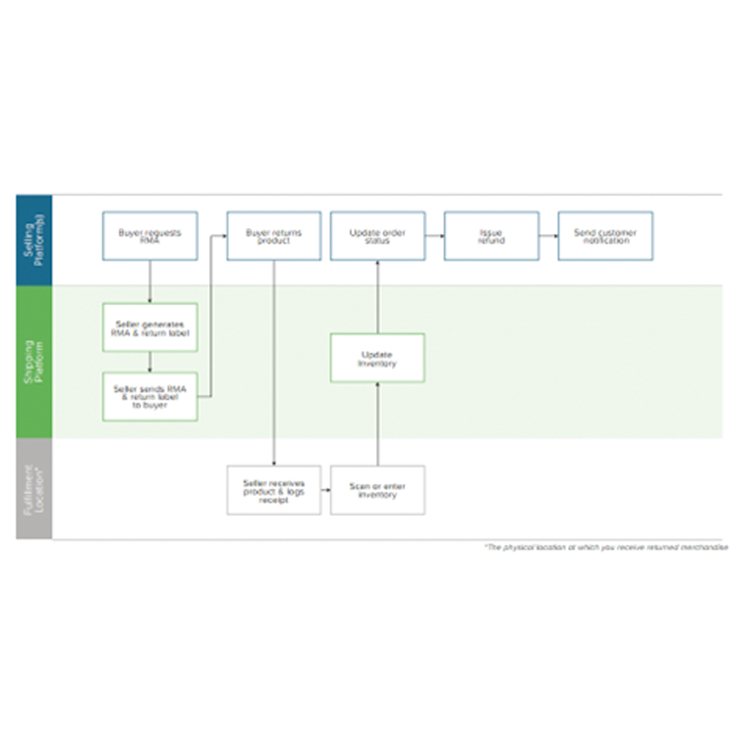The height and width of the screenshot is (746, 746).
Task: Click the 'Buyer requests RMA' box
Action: click(x=150, y=236)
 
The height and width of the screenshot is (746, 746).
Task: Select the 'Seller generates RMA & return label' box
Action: click(x=150, y=328)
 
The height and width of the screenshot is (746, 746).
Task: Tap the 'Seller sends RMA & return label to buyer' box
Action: click(x=150, y=397)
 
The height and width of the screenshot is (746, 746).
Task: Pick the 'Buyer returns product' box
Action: click(x=274, y=236)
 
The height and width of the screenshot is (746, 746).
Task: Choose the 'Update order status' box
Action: click(x=377, y=236)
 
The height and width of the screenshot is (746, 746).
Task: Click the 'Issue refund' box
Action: click(x=491, y=236)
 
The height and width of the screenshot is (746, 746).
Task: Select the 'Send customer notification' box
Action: click(x=605, y=236)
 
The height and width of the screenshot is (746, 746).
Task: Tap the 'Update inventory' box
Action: click(x=377, y=358)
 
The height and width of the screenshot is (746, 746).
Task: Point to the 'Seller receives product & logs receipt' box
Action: click(x=274, y=490)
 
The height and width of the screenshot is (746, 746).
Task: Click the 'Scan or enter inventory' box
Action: click(x=377, y=490)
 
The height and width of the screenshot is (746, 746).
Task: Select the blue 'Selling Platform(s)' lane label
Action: click(x=34, y=240)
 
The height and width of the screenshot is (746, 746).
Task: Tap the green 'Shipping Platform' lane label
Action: click(x=34, y=362)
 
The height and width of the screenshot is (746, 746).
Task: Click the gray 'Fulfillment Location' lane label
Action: click(x=34, y=489)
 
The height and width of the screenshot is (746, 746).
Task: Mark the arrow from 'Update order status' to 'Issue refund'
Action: click(x=435, y=236)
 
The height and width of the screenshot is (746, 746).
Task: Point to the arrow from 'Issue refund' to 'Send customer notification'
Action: click(x=548, y=236)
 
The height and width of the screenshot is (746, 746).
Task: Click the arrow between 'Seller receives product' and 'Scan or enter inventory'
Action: click(x=326, y=490)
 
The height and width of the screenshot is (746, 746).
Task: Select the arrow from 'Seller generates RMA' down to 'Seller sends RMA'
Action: click(x=150, y=362)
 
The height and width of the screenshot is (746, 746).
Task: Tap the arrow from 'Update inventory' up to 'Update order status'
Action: click(x=377, y=297)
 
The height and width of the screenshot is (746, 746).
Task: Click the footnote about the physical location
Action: click(x=606, y=547)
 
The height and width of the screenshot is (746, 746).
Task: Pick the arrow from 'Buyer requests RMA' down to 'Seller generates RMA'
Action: click(x=150, y=282)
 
